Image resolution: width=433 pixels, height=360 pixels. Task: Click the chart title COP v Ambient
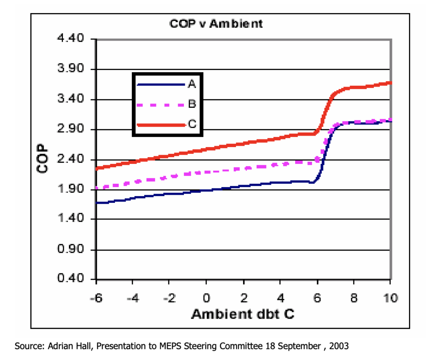point(216,24)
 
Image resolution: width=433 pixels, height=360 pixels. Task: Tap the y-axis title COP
point(43,160)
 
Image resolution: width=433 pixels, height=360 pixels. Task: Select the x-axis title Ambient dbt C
point(243,314)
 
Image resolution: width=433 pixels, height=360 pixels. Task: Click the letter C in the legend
point(192,125)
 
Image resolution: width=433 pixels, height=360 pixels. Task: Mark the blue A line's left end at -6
point(97,203)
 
